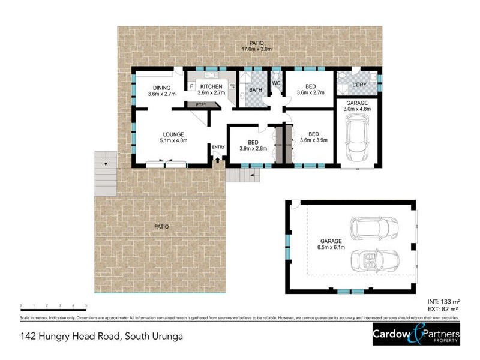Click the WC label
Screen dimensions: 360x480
point(277,83)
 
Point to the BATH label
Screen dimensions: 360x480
point(256,91)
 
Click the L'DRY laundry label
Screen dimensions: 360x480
point(359,85)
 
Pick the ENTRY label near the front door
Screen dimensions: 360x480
point(218,147)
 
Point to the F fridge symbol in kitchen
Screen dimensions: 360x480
point(191,86)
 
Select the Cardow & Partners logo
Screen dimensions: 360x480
point(416,334)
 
